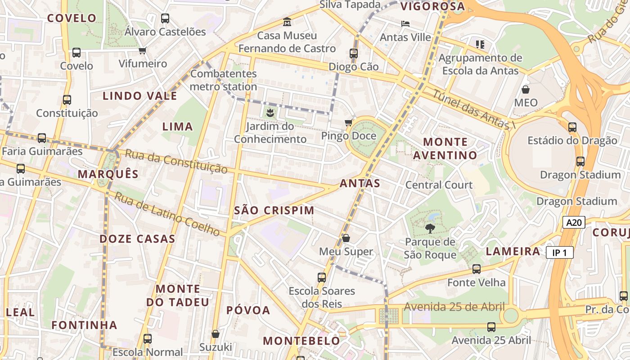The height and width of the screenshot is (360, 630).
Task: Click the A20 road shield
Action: (574, 222)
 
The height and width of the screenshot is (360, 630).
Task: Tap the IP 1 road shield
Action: (560, 253)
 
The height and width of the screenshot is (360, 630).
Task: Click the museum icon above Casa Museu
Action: (287, 22)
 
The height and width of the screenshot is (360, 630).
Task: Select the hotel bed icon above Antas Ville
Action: (405, 23)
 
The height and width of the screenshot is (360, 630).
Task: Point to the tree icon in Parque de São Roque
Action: (430, 229)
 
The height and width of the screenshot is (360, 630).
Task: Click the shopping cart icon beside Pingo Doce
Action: (348, 122)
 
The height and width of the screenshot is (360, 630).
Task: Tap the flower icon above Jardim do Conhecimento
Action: (270, 112)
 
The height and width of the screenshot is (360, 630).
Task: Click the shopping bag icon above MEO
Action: (525, 89)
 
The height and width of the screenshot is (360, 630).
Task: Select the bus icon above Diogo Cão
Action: (353, 54)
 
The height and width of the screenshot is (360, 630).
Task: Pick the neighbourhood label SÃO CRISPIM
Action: (274, 211)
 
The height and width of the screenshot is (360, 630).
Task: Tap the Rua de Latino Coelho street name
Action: (167, 214)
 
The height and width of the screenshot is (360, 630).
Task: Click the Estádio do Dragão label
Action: (572, 140)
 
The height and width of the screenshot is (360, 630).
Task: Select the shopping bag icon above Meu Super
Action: (346, 238)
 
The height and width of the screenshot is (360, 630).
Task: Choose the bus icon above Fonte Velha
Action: (476, 269)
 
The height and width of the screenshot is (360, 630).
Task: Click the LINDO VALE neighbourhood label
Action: (140, 96)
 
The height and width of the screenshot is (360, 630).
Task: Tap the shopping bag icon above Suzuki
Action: (216, 334)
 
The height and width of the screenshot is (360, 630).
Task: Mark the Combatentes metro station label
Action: (223, 80)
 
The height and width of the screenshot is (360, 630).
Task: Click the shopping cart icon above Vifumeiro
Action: (143, 50)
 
